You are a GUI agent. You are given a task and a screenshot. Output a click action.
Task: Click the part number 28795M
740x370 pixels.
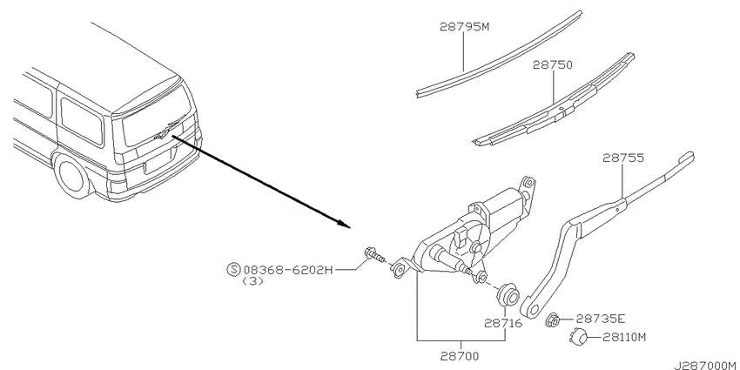[464, 27]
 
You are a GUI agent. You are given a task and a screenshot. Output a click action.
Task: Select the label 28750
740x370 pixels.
[552, 64]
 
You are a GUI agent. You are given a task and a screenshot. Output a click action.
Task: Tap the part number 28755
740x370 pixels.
[623, 158]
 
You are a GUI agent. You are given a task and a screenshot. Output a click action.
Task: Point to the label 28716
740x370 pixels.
[503, 323]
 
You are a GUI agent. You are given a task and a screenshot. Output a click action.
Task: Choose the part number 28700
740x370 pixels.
[461, 355]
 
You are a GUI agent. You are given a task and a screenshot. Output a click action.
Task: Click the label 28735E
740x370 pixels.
[601, 319]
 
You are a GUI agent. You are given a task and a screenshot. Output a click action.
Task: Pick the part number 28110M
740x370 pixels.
[625, 337]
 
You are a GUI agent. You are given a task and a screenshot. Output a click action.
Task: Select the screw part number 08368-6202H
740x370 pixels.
[288, 270]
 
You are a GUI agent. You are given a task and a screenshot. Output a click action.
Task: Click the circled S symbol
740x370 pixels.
[233, 270]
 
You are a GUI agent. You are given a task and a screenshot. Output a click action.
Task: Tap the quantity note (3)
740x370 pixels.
[252, 281]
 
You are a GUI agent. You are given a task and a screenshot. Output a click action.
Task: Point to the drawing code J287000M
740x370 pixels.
[706, 366]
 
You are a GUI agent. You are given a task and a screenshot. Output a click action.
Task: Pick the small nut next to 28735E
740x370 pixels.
[555, 320]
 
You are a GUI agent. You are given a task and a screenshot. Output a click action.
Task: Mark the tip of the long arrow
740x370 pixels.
[352, 227]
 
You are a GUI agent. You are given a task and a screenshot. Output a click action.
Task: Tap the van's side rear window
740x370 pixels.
[82, 121]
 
